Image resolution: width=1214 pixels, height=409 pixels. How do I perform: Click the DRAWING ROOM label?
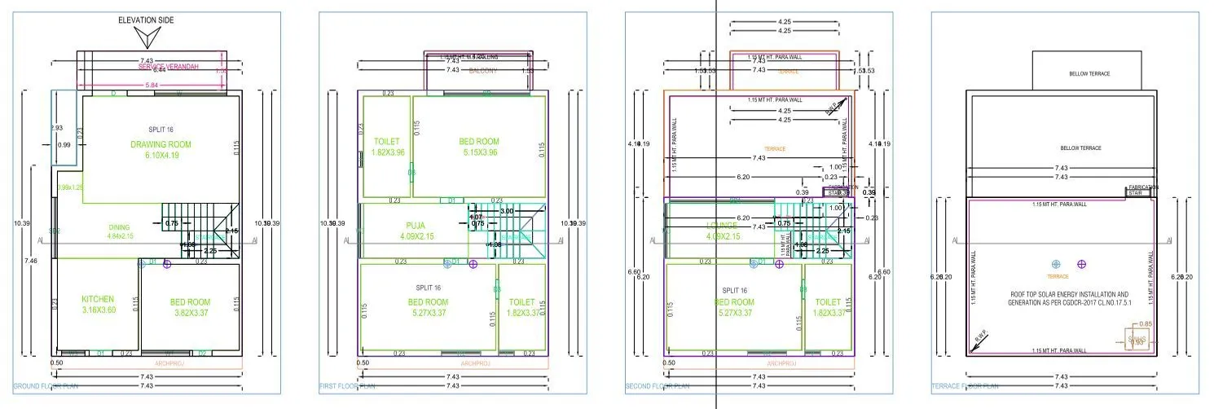[x=161, y=144]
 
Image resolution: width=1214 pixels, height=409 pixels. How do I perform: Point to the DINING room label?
[x=119, y=227]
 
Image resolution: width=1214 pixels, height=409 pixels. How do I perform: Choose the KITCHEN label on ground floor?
[x=97, y=299]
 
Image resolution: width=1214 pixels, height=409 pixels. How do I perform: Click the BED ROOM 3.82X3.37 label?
[x=190, y=302]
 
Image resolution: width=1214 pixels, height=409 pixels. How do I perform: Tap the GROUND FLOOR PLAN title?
[x=46, y=386]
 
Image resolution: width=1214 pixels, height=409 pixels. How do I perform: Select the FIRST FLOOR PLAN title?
[x=347, y=386]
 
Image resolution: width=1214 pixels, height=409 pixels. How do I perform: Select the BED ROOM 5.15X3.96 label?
[x=478, y=141]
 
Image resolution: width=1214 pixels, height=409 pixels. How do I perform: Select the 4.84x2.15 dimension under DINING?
[x=119, y=236]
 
